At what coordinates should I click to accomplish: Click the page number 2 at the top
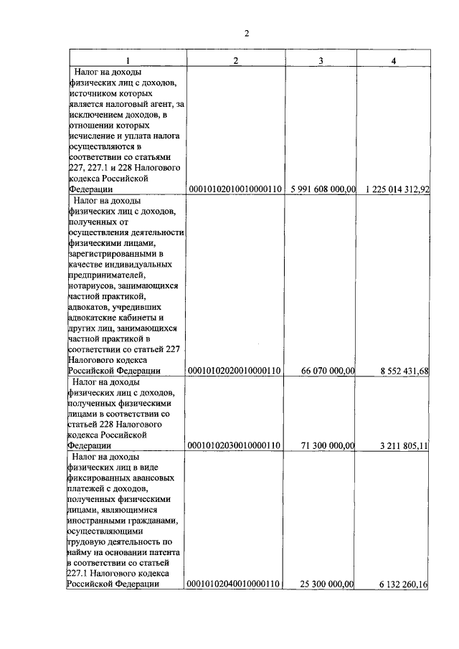pos(246,33)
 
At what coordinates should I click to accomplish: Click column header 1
pos(128,60)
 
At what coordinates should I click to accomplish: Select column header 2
pos(235,60)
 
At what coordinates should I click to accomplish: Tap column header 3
pos(321,60)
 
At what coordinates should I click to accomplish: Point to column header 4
pos(393,60)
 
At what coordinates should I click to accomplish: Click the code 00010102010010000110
pos(234,189)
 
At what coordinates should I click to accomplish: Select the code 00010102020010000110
pos(234,371)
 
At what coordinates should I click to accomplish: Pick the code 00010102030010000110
pos(234,445)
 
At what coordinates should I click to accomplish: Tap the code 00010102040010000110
pos(234,584)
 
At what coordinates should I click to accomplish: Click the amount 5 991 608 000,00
pos(323,189)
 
